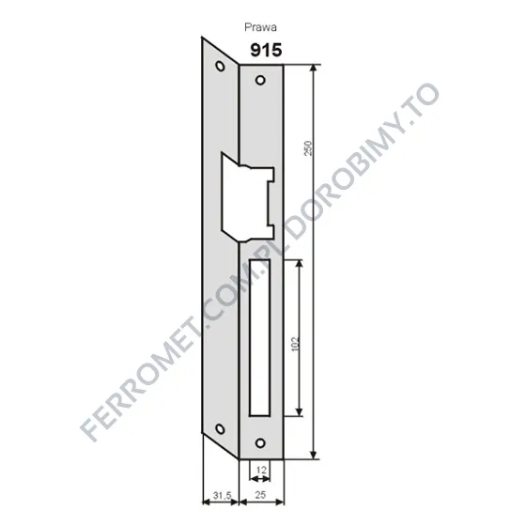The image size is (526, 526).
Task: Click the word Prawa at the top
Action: pos(261,27)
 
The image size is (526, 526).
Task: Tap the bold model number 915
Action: pos(266,51)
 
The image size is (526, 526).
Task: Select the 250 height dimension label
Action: pos(308,148)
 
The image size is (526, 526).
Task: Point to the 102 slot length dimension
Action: pos(295,344)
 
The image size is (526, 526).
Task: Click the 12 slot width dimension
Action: pos(261,470)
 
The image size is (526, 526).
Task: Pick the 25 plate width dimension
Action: pos(261,494)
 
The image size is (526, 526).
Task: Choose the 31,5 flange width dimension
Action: pos(222,495)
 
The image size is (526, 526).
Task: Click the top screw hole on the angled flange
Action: pos(220,66)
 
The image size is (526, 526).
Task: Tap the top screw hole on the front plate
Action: pos(260,80)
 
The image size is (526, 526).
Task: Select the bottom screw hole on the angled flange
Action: pos(220,428)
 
